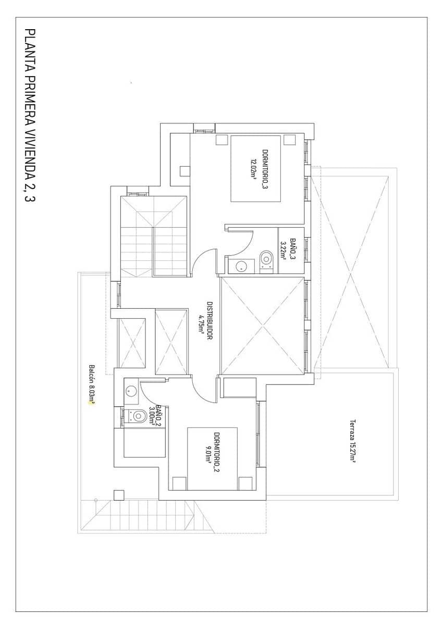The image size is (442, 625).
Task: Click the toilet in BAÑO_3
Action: click(266, 259)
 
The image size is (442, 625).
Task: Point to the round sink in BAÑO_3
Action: click(241, 266)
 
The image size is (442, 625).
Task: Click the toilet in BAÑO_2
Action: click(138, 416)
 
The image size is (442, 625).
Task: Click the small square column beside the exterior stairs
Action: click(119, 495)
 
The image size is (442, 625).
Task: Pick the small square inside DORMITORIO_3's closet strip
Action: click(185, 171)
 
